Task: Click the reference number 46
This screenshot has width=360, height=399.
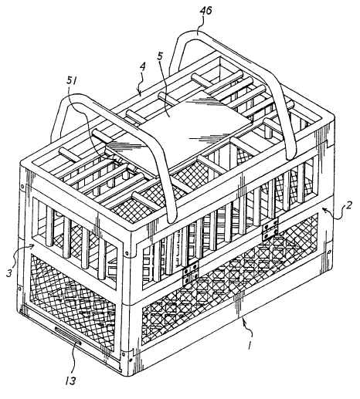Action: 206,11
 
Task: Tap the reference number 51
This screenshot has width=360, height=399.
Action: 72,81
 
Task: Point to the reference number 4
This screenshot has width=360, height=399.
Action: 143,66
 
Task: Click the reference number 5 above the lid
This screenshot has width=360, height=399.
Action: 161,57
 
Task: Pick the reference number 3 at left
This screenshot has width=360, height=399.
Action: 9,273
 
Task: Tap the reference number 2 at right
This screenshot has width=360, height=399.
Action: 348,207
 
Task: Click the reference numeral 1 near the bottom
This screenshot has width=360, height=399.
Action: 249,345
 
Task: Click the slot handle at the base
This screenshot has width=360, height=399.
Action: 68,335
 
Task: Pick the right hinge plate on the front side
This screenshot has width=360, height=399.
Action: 270,228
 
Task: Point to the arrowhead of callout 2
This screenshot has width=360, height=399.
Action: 324,210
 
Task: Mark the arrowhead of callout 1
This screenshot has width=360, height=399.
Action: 244,320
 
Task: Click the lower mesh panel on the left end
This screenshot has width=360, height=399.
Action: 73,302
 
